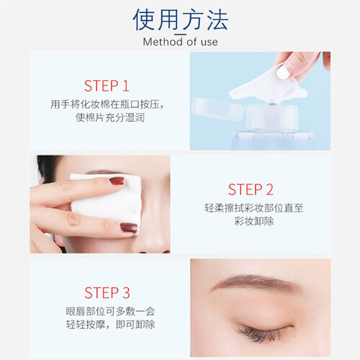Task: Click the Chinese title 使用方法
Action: (180, 19)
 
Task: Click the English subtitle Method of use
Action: (180, 42)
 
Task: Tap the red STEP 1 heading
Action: (107, 86)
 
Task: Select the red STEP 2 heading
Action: (251, 189)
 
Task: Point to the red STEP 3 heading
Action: (107, 292)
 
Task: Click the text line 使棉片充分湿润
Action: (110, 117)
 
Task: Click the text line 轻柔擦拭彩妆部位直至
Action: (254, 208)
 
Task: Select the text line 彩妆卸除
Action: (254, 221)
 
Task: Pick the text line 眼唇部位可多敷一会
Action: (110, 311)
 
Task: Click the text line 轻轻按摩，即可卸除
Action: (110, 325)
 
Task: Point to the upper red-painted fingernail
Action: (117, 181)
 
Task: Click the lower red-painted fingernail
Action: (129, 228)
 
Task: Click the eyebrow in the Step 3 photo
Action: (261, 282)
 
